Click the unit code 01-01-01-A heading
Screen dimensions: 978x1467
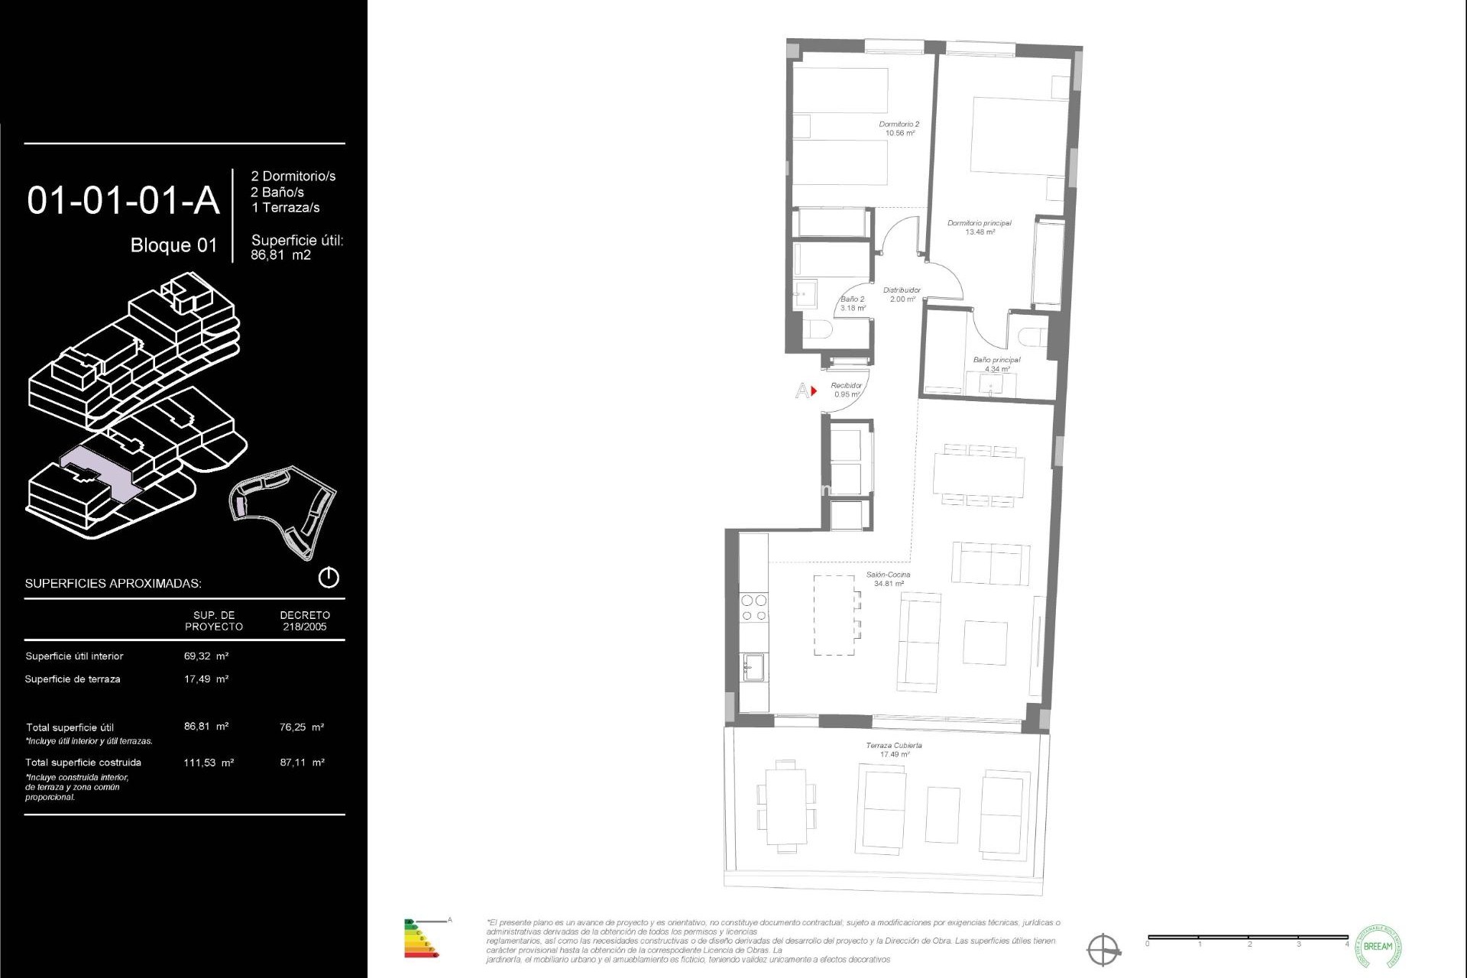tap(123, 201)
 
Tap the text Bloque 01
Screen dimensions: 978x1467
tap(173, 245)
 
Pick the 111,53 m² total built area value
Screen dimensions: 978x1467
tap(209, 762)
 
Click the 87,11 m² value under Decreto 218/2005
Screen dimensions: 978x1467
tap(302, 762)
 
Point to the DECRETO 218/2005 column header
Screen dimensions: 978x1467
tap(305, 620)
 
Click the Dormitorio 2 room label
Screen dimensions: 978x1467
tap(899, 128)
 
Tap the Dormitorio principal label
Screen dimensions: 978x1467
tap(979, 227)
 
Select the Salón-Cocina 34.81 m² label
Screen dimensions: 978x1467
tap(889, 578)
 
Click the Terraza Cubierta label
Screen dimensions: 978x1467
tap(894, 750)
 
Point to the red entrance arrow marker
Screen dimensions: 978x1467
tap(814, 391)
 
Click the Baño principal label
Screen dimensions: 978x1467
tap(996, 364)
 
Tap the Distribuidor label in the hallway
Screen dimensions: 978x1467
tap(902, 294)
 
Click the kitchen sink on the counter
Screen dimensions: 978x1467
tap(753, 667)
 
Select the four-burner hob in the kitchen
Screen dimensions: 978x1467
tap(753, 607)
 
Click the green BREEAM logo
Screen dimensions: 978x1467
tap(1378, 946)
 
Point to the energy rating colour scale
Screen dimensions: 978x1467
tap(419, 939)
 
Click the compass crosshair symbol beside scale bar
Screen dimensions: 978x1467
tap(1104, 950)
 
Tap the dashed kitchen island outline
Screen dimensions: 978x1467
tap(834, 615)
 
